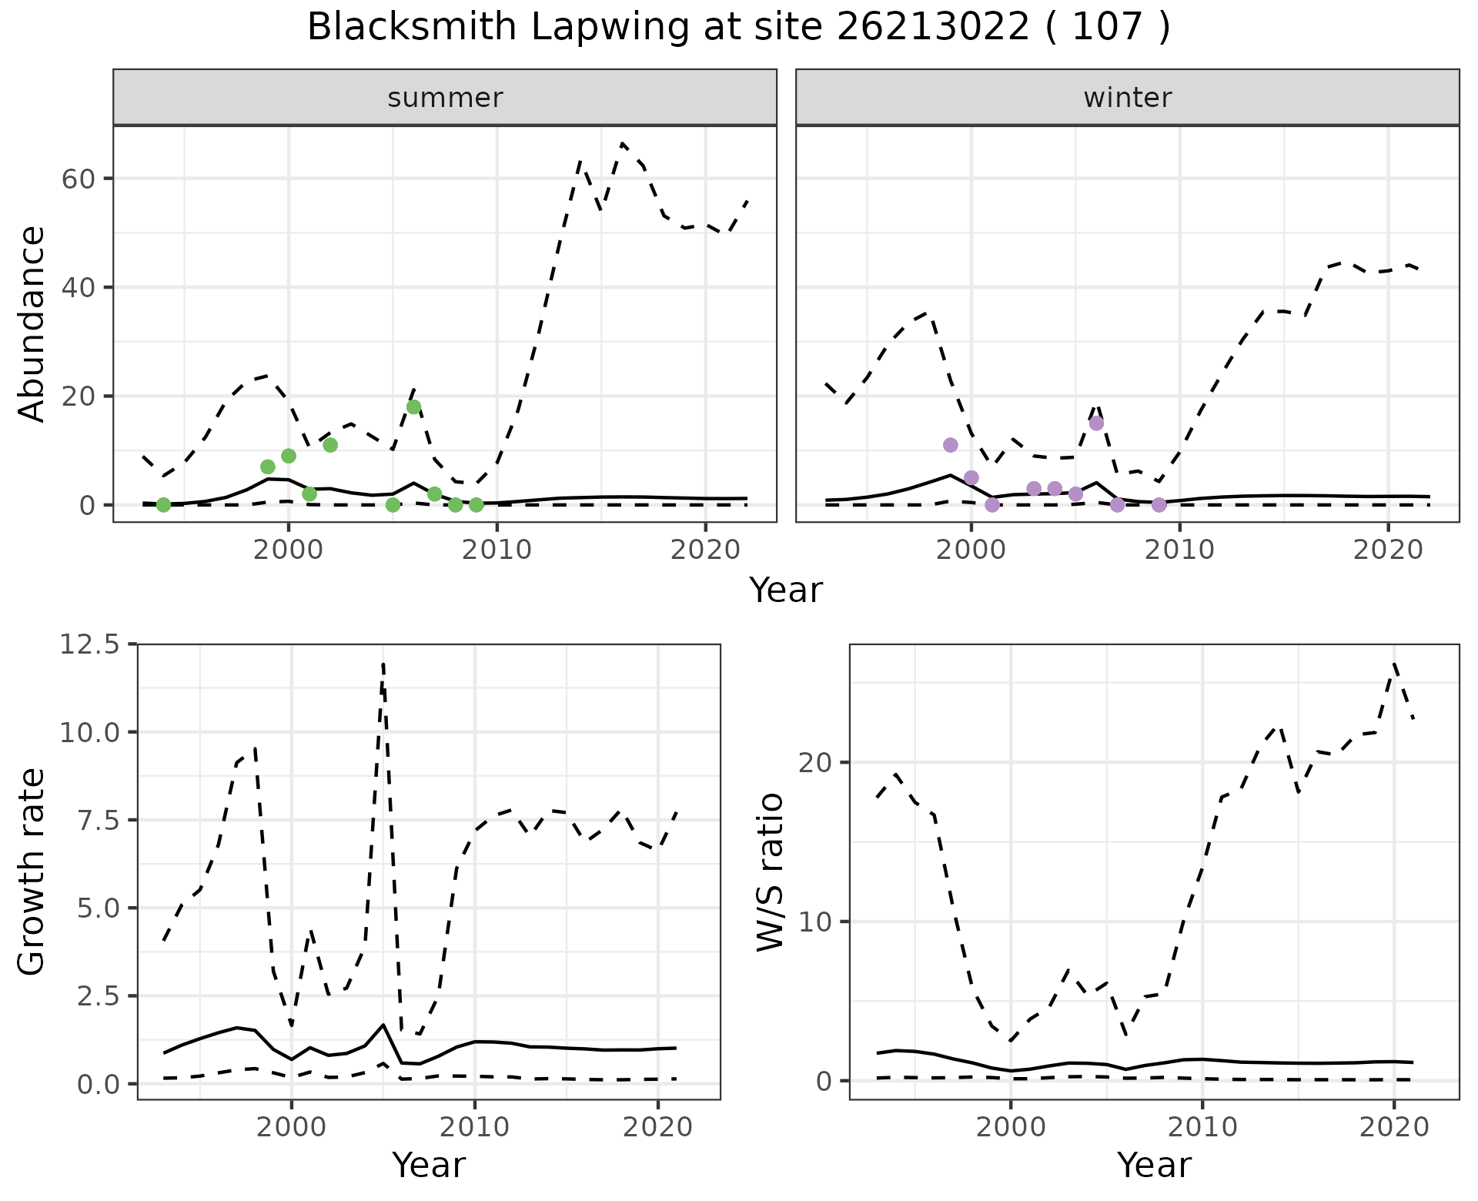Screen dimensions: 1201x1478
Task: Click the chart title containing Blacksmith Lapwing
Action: (738, 28)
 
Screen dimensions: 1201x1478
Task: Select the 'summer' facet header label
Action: (445, 98)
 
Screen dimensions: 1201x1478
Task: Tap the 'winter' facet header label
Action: (1127, 98)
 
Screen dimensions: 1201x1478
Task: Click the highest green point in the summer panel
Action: (413, 406)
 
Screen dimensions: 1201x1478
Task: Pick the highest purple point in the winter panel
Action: (1096, 423)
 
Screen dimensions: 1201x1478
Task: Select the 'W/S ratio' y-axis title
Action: (770, 871)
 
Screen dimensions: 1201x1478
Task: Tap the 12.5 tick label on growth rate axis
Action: (89, 644)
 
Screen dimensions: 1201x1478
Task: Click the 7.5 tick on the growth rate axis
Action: (89, 820)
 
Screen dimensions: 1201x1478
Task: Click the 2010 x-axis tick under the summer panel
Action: (497, 550)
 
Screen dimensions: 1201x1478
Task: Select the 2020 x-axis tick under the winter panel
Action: (1388, 550)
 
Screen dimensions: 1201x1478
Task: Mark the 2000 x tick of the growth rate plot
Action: (291, 1127)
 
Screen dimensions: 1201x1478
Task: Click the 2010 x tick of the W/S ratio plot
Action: (1202, 1127)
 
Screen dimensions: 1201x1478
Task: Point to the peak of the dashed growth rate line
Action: (383, 663)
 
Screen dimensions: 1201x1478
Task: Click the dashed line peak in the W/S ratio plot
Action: (1394, 663)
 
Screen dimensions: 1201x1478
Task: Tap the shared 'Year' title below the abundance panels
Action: (786, 590)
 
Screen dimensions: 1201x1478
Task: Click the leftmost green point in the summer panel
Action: (163, 505)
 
